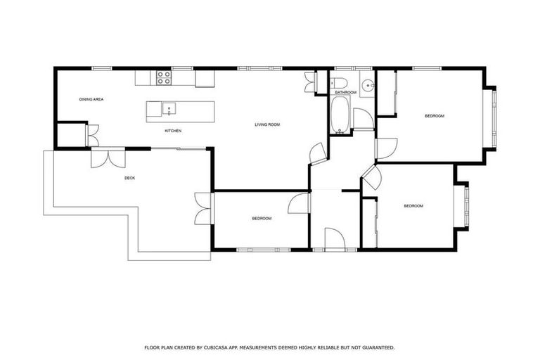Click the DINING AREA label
click(x=91, y=99)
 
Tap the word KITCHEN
click(x=174, y=131)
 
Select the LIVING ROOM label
click(x=267, y=124)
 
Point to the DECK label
click(x=129, y=178)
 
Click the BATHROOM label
click(x=345, y=93)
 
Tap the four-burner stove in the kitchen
click(x=163, y=77)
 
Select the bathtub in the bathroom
click(x=339, y=115)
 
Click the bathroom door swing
click(x=362, y=119)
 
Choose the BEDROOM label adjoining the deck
click(x=262, y=219)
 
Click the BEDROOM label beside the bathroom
click(x=434, y=116)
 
